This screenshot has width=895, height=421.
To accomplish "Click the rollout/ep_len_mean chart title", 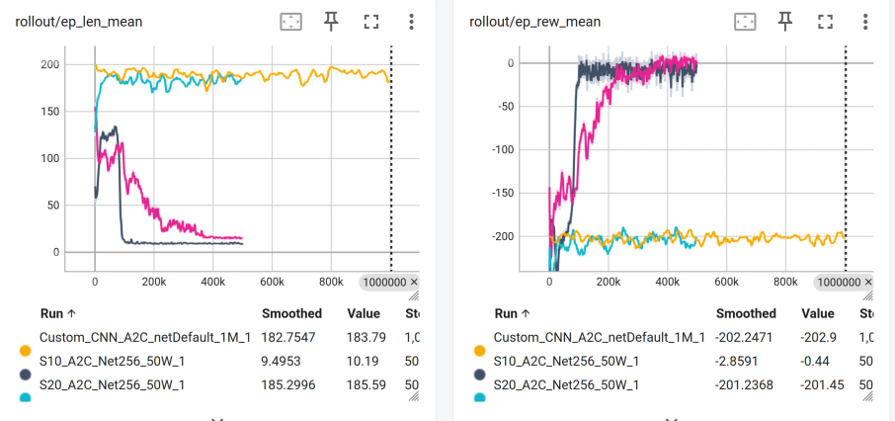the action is point(79,23).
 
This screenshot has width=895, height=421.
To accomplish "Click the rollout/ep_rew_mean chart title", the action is point(534,23).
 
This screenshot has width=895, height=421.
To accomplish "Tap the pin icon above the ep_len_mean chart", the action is point(331,22).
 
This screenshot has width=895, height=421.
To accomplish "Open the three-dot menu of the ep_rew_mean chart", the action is point(866,22).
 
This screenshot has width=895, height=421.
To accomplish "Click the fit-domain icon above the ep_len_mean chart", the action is point(290,22).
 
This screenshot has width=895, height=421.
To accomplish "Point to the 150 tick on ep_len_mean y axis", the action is point(50,112).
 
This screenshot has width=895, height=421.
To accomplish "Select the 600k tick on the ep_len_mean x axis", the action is point(272,282).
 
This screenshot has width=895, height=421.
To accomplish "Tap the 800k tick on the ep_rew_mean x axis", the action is point(785,282).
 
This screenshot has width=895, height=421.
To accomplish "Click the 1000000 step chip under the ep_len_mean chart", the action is point(389,282).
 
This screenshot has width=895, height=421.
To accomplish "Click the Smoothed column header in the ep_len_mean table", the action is point(291,313).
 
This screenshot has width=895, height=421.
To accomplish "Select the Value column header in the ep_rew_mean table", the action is point(817,313).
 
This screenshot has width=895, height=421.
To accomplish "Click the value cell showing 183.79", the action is point(366,338).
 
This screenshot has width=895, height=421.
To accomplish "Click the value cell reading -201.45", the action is point(823,385).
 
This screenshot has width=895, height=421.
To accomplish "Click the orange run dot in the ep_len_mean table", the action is point(25,350).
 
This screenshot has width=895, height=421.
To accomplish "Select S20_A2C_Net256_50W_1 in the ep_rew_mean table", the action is point(567,385).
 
